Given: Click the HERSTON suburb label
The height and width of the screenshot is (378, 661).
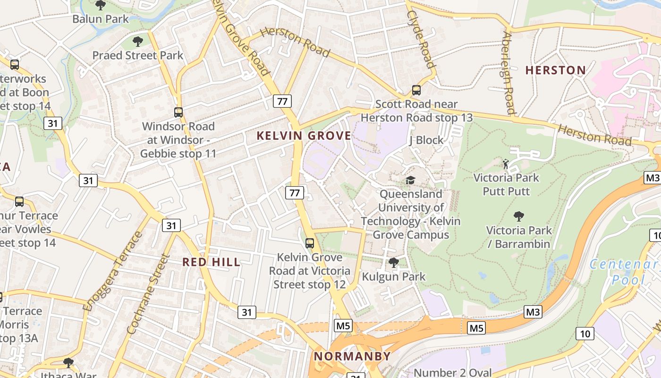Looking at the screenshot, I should pos(556,70).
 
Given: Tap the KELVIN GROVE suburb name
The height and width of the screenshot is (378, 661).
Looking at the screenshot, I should pos(304,136).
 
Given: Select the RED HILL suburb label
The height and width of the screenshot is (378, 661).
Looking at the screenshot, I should pos(212,262).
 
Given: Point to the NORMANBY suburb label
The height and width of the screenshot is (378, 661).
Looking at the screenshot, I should pos(352,356).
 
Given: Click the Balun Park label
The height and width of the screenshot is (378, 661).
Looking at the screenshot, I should pos(101,19).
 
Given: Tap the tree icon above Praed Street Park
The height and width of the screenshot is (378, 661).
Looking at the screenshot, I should pos(137,42).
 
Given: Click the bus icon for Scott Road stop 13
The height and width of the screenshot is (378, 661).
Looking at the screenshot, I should pos(416,90).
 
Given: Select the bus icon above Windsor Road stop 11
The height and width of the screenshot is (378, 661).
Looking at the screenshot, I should pos(178,112).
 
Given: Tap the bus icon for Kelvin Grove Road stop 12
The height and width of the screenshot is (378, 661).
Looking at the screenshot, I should pos(309,243).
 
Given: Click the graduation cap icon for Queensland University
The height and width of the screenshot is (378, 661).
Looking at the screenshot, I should pos(410,180).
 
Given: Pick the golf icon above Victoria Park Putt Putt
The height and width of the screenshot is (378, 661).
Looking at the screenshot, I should pos(506,164).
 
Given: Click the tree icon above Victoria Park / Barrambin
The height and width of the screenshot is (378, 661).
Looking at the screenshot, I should pos(518,216).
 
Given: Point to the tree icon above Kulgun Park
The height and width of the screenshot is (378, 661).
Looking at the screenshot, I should pos(393,262).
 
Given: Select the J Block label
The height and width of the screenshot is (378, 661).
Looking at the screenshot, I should pos(426,140).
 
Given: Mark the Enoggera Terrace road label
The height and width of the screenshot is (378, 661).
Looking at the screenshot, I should pos(113,271).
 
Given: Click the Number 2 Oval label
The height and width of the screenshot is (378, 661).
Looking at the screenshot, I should pos(452,372).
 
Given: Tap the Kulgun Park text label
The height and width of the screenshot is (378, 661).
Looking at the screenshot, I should pos(394,276).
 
